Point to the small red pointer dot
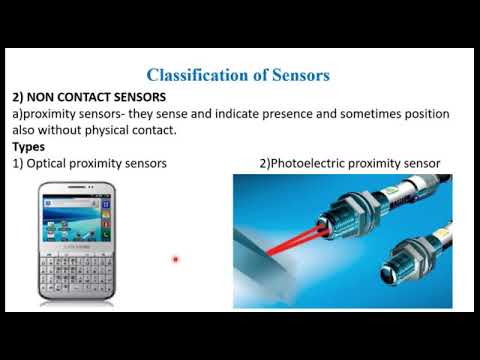[175, 259]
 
